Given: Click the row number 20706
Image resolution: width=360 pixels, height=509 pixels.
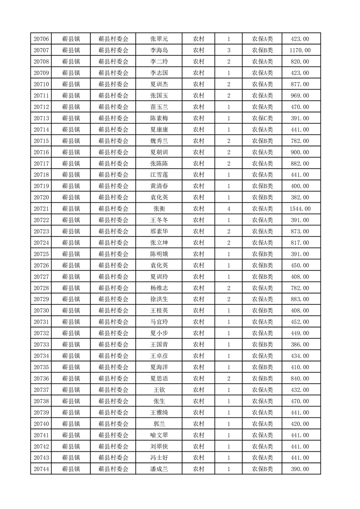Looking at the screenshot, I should tap(41, 39).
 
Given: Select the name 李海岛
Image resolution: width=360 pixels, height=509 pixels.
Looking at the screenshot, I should tap(159, 50).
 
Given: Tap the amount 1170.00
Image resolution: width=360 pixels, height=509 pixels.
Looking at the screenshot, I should tap(301, 50).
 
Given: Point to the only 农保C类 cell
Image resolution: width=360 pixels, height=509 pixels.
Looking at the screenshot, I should tap(262, 118).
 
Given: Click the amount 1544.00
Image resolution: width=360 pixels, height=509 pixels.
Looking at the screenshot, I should tap(301, 209).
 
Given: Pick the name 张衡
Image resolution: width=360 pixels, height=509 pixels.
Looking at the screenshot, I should tap(159, 209).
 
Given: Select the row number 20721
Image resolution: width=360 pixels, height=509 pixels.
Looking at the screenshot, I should tap(41, 209).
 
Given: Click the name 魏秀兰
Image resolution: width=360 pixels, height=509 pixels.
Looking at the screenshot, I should tap(159, 141).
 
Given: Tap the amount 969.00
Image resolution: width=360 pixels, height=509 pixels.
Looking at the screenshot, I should tap(301, 96).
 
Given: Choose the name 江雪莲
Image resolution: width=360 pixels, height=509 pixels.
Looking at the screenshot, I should tap(159, 175).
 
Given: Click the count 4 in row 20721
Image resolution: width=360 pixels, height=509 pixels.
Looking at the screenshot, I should tap(228, 209).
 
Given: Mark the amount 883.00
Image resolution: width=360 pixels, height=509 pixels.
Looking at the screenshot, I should tap(301, 299).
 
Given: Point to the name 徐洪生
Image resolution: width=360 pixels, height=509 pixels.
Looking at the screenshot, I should tap(159, 299).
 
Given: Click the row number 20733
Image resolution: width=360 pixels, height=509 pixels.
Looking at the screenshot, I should tap(41, 344).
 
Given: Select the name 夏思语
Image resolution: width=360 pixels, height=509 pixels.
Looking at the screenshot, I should tap(159, 378).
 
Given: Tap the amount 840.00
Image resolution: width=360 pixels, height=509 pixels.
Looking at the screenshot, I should tap(301, 378).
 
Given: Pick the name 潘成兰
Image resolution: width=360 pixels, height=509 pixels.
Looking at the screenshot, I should tap(159, 469).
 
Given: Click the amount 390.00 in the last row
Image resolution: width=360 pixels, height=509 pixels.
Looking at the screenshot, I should tap(301, 469).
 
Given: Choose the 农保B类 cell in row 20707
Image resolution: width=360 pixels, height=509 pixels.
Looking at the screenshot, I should tap(262, 50).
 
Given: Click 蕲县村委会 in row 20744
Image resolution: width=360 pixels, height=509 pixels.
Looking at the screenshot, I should tap(113, 469).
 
